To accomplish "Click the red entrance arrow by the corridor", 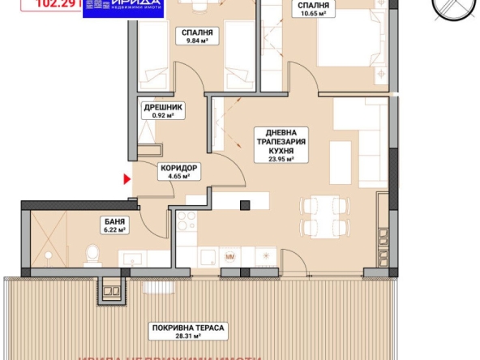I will [x=126, y=178].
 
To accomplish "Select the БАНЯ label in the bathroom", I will [x=114, y=221].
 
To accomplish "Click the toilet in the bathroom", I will [x=92, y=257].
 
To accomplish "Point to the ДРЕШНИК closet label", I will [x=164, y=106].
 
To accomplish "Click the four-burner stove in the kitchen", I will [x=186, y=220].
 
